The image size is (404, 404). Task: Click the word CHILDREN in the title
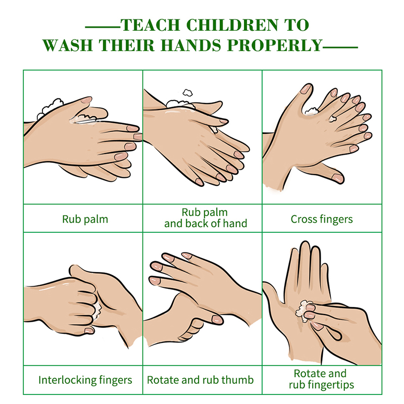click(x=232, y=25)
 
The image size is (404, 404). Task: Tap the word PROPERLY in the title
click(x=275, y=45)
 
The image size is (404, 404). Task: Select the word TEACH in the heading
click(x=150, y=25)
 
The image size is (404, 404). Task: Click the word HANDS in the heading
click(x=191, y=45)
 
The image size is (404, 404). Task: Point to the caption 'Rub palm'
click(x=85, y=219)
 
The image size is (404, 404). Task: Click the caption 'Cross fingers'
click(x=322, y=219)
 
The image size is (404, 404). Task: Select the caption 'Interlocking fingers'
click(x=85, y=380)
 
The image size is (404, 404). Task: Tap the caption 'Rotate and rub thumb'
click(x=200, y=380)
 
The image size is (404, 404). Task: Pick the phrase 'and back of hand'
click(x=206, y=223)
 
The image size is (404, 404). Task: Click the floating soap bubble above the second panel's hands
click(x=187, y=93)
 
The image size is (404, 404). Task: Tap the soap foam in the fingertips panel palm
click(x=302, y=311)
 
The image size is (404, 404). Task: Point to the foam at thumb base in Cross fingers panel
click(x=312, y=111)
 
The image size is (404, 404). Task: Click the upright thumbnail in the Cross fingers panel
click(x=307, y=89)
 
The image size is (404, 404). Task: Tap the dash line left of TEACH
click(x=103, y=27)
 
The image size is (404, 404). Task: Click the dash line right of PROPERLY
click(x=340, y=47)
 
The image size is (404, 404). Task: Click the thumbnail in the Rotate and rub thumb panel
click(x=217, y=320)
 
